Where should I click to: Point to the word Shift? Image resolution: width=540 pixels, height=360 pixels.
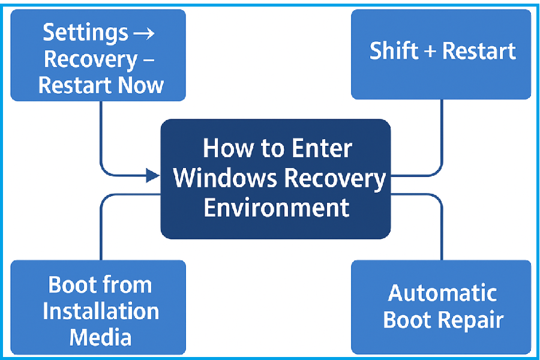(x=393, y=51)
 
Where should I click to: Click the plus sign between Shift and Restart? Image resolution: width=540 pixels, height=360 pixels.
(x=429, y=52)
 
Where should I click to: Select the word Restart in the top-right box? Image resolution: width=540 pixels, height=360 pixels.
(x=478, y=51)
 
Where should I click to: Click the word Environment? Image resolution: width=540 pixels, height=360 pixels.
(x=276, y=208)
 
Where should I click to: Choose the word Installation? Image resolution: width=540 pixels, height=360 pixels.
(x=101, y=311)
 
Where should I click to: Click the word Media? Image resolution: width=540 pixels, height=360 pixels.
(x=100, y=337)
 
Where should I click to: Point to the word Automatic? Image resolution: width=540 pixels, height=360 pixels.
(x=442, y=293)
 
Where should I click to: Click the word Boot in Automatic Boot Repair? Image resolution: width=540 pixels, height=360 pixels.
(x=407, y=319)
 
